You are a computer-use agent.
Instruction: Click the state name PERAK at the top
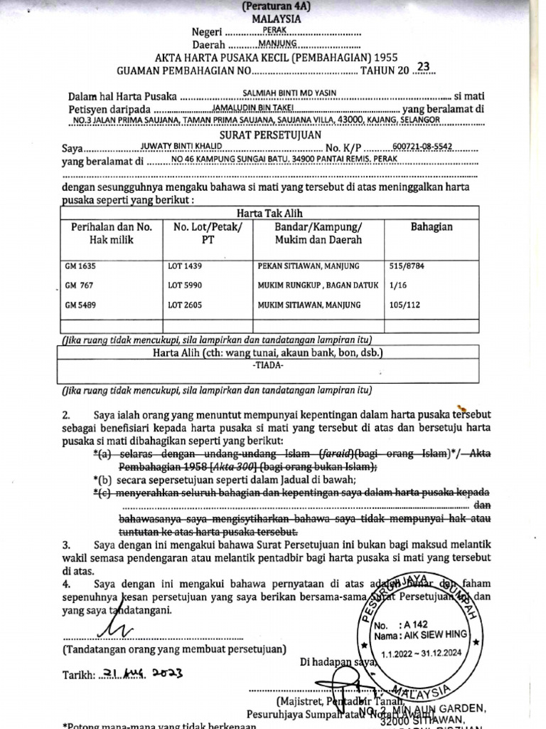(x=274, y=30)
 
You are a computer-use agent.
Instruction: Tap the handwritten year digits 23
(x=424, y=67)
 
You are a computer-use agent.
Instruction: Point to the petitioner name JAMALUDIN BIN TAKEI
(x=254, y=107)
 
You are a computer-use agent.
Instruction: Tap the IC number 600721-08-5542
(x=422, y=147)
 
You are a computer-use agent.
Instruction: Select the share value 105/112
(x=405, y=305)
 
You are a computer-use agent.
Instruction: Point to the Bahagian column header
(x=432, y=227)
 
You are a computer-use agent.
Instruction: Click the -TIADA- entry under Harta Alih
(x=269, y=366)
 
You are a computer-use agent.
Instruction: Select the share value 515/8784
(x=408, y=266)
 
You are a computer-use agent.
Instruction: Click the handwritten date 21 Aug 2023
(x=141, y=673)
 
